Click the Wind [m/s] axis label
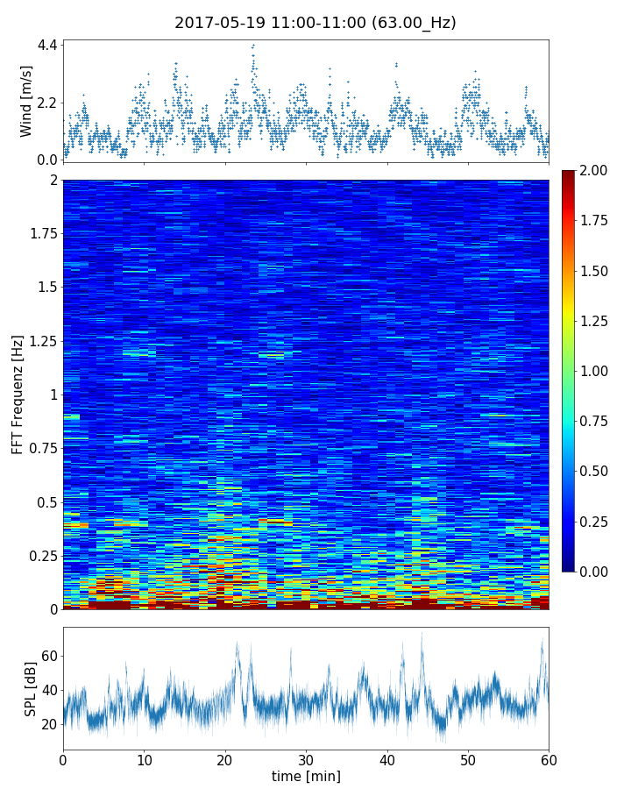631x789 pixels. click(26, 101)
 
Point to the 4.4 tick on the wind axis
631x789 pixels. click(47, 45)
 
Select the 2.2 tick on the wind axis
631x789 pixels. click(47, 103)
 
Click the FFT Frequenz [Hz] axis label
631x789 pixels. click(18, 394)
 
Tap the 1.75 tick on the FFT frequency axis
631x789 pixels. click(42, 234)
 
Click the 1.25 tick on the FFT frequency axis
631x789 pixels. click(42, 341)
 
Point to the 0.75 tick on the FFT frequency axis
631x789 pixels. click(42, 449)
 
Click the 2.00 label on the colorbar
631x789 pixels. click(596, 170)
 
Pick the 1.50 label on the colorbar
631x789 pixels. click(596, 271)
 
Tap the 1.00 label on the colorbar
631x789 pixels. click(596, 371)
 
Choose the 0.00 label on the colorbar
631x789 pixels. click(596, 572)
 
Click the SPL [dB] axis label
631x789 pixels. click(31, 688)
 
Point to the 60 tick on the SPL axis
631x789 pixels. click(49, 656)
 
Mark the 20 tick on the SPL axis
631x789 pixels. click(49, 724)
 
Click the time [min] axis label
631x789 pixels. click(306, 776)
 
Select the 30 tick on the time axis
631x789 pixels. click(306, 759)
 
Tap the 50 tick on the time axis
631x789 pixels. click(468, 759)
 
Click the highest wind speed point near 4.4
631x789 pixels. click(253, 46)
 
